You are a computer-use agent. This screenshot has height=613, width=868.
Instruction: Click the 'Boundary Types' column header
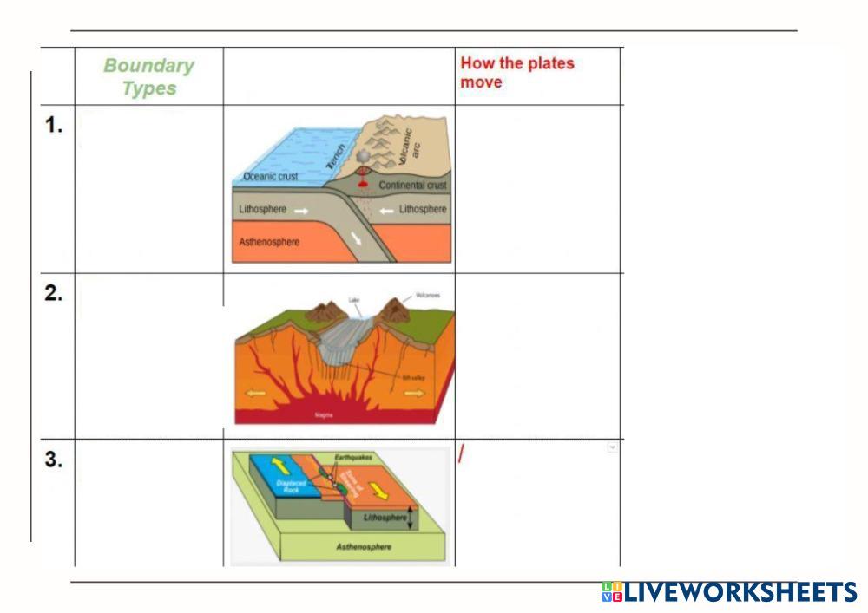[x=148, y=77]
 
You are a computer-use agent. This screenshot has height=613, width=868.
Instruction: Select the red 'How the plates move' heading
[x=517, y=73]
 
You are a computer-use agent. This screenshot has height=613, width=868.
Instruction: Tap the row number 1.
[x=54, y=126]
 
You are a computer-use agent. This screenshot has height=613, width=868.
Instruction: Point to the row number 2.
[x=54, y=293]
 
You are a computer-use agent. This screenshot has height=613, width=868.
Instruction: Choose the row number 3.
[x=54, y=460]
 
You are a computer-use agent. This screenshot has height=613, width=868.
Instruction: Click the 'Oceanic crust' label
[x=270, y=177]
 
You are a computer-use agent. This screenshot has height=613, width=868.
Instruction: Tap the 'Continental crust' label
[x=412, y=186]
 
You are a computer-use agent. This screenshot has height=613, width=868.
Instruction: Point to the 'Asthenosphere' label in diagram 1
[x=269, y=242]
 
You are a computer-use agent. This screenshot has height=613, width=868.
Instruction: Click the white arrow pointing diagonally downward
[x=357, y=238]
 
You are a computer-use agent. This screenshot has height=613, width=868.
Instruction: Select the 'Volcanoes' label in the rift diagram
[x=428, y=296]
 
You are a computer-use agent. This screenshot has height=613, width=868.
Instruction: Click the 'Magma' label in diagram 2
[x=324, y=415]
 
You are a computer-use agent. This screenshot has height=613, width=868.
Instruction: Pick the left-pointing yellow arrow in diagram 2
[x=254, y=393]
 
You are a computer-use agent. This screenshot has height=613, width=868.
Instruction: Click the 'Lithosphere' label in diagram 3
[x=385, y=518]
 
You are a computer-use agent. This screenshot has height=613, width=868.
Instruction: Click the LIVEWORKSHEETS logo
[x=729, y=592]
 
